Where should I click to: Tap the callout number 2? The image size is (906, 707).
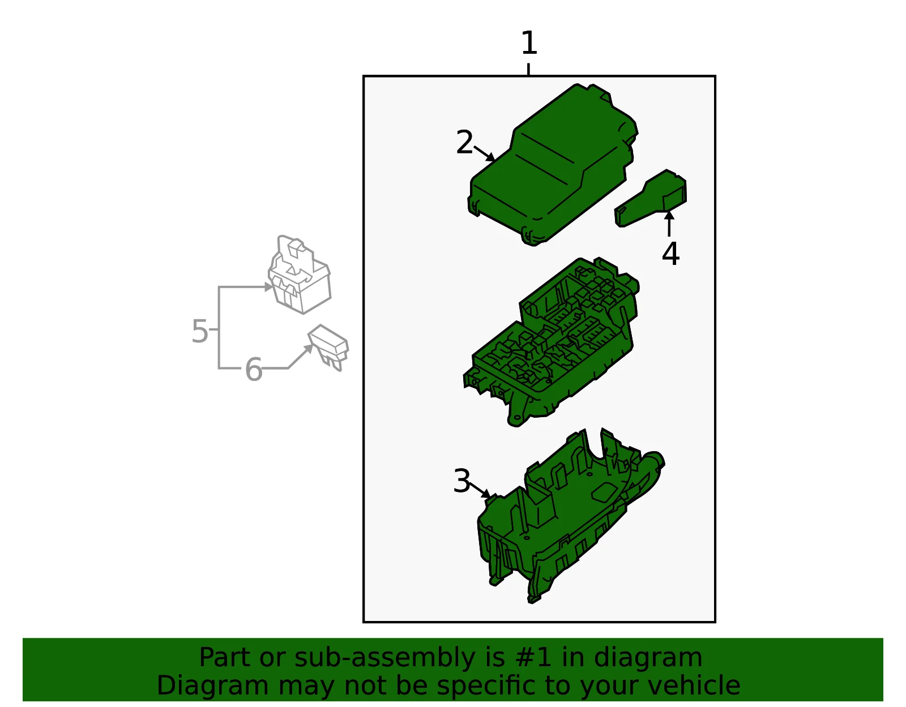tap(464, 142)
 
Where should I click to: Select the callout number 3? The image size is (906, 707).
tap(462, 481)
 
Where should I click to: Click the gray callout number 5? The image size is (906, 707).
tap(199, 331)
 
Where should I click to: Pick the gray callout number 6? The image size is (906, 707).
tap(254, 369)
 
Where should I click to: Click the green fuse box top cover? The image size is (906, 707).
tap(553, 165)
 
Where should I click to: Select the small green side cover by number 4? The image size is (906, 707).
tap(651, 198)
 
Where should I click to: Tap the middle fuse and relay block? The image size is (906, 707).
tap(551, 342)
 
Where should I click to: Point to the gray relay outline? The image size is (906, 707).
tap(300, 275)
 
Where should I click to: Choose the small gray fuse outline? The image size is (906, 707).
tap(328, 348)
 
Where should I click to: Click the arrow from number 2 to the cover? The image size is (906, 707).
tap(484, 153)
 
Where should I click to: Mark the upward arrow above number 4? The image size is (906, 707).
tap(669, 224)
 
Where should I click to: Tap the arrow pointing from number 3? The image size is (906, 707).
tap(480, 490)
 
